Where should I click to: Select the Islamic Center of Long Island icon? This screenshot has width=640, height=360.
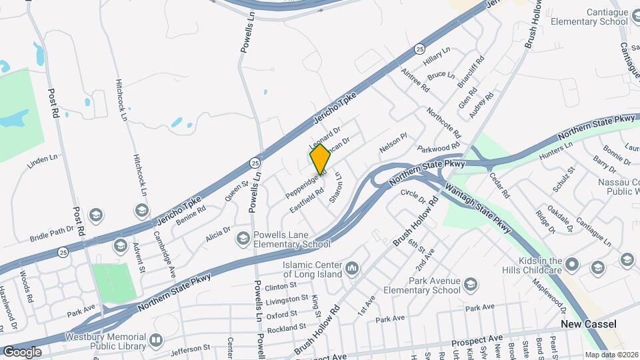click(x=352, y=269)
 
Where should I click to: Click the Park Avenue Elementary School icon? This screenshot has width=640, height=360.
click(x=471, y=285)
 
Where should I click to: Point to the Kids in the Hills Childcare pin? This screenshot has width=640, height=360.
click(x=570, y=265)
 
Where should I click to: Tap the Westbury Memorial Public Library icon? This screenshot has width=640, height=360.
click(x=155, y=340)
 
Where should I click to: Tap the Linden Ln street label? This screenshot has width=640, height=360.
click(x=43, y=161)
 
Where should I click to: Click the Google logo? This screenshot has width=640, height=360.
click(x=22, y=351)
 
